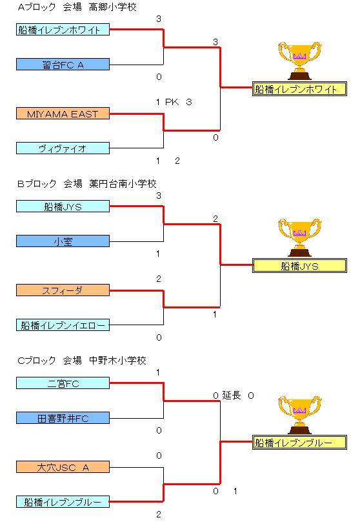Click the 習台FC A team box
63,65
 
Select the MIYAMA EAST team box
63,114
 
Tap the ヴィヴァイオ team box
63,148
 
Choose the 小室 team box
63,241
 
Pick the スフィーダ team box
63,290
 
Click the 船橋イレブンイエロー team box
63,325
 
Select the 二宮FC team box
63,383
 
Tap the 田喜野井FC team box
63,418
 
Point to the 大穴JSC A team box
63,467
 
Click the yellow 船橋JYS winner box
300,266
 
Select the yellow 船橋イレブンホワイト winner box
300,89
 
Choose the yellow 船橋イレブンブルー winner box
300,443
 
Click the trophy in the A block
299,61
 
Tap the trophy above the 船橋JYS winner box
299,237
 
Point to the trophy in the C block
299,415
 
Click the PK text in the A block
172,102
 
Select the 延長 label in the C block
232,396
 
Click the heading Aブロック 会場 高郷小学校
77,7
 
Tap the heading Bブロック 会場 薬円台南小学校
86,184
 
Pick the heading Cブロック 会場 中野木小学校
82,360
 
